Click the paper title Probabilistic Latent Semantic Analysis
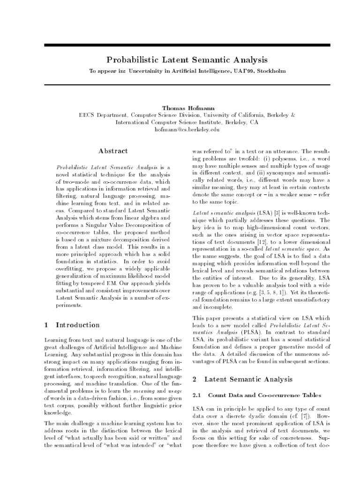187,60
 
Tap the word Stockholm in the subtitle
269,71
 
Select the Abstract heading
112,151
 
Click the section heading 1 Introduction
71,325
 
